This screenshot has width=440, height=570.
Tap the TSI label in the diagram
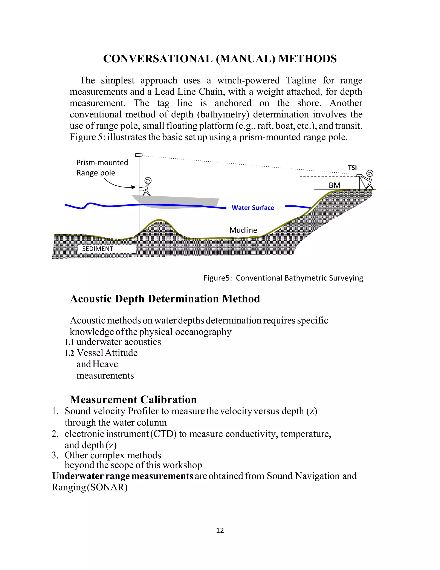tap(352, 168)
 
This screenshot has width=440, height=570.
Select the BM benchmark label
tap(335, 185)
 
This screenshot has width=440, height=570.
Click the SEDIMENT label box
tap(98, 249)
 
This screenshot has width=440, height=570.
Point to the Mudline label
tap(243, 230)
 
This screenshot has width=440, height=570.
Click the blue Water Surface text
tap(253, 208)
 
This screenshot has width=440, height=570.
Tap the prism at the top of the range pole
tap(139, 155)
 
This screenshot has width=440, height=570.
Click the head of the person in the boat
tap(148, 180)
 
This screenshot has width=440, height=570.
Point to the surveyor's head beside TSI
tap(370, 173)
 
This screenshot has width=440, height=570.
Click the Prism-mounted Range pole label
tap(102, 168)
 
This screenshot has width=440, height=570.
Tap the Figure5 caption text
tap(283, 278)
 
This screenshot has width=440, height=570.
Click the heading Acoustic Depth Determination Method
tap(165, 299)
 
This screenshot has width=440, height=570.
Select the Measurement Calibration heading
tap(133, 400)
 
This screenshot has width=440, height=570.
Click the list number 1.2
tap(69, 353)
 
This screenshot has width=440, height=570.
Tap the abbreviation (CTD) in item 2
tap(163, 434)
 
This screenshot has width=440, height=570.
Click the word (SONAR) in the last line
tap(107, 487)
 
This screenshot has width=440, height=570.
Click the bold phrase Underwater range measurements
tap(122, 476)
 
